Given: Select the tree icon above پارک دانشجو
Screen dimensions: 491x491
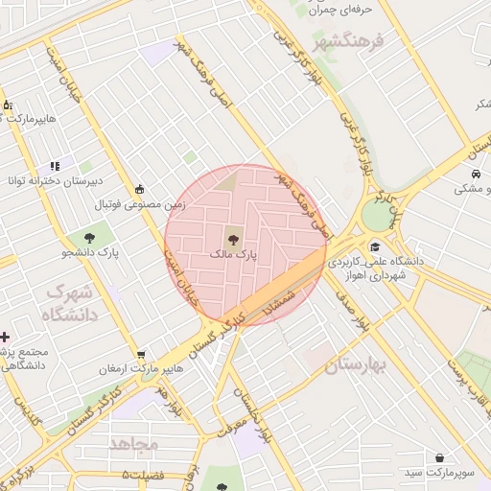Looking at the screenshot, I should [x=89, y=236].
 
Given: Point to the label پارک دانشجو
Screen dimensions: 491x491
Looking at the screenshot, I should [x=89, y=253].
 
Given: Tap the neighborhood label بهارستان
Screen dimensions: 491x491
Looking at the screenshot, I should [x=354, y=366].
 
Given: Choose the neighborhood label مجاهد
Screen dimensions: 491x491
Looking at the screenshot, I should [x=133, y=444].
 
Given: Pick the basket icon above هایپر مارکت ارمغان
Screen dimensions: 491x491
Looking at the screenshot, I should [x=141, y=354].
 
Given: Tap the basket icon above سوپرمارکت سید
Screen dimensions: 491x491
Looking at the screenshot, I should [x=440, y=458].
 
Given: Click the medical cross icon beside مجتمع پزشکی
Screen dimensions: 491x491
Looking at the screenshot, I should [x=7, y=337].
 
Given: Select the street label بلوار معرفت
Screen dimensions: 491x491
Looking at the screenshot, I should [x=237, y=421].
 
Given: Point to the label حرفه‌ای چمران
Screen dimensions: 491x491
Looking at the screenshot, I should [x=339, y=9].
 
